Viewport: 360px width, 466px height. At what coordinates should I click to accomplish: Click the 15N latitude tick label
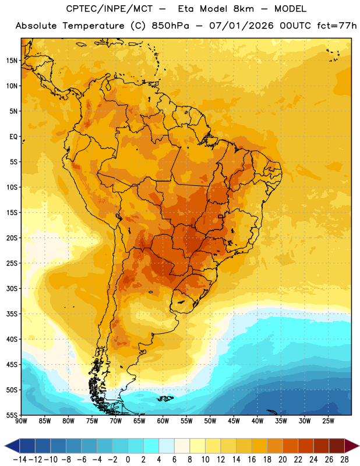click(x=12, y=61)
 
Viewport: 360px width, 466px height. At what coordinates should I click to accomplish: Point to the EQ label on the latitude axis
click(x=13, y=137)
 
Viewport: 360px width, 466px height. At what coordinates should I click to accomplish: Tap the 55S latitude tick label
click(x=12, y=415)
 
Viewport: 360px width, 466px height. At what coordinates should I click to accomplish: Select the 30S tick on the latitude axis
click(x=12, y=288)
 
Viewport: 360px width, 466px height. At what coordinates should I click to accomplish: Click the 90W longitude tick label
click(x=21, y=421)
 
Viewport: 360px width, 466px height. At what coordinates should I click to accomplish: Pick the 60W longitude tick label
click(x=163, y=421)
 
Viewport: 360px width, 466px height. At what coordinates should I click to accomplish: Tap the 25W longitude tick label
click(x=328, y=421)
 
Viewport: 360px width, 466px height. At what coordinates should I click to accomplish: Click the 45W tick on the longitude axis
click(x=234, y=421)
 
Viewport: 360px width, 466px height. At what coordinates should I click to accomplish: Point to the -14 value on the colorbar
click(x=20, y=460)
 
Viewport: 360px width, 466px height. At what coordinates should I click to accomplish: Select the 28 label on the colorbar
click(x=344, y=460)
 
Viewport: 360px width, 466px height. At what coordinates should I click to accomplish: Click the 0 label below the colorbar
click(x=128, y=460)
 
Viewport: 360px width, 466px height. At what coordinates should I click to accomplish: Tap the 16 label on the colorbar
click(x=252, y=460)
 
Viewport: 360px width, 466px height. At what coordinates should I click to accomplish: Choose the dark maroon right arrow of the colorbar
click(x=352, y=446)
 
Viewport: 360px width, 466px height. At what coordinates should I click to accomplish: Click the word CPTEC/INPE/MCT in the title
click(x=110, y=9)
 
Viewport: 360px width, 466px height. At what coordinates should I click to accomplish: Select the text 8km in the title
click(x=243, y=9)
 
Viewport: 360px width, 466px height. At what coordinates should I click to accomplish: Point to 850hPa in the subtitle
click(x=170, y=26)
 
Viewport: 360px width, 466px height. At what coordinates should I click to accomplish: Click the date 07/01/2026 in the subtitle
click(x=241, y=26)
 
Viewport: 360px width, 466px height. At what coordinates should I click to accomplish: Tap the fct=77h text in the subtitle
click(x=337, y=26)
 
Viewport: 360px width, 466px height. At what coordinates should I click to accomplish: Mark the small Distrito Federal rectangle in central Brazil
click(x=221, y=216)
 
